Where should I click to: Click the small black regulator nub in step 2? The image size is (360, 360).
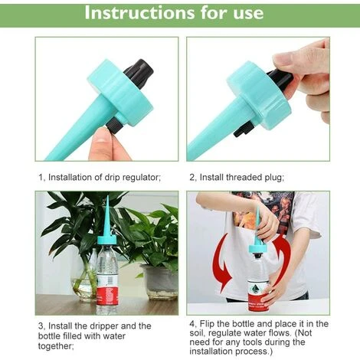(x=244, y=129)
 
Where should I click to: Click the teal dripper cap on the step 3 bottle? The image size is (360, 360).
(x=106, y=241)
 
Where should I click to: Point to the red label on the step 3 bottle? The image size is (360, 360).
(x=106, y=296)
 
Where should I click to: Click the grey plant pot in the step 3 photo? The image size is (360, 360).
(x=159, y=282)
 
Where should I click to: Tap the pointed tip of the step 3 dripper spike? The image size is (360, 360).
(x=107, y=196)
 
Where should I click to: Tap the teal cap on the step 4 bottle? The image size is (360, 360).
(x=258, y=248)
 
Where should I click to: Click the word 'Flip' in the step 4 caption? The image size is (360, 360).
(x=208, y=324)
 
